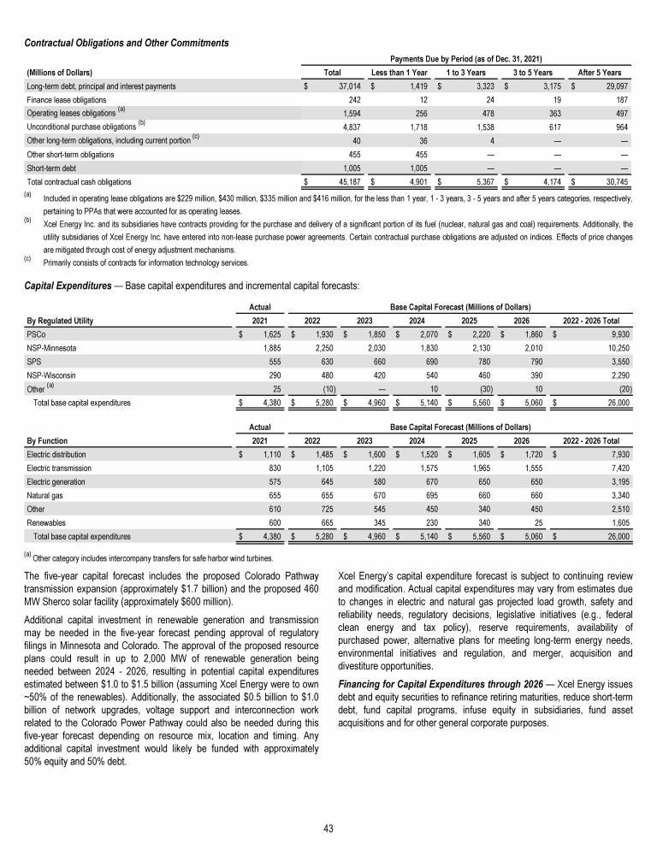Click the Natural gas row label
(x=48, y=496)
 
